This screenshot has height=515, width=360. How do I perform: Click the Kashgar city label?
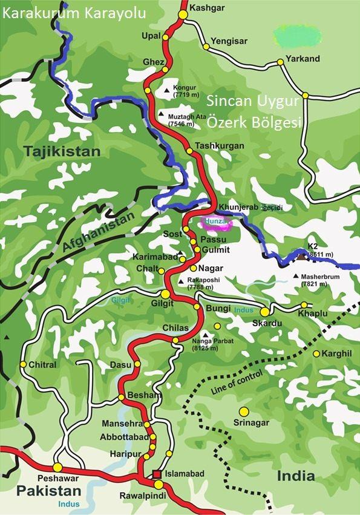pos(203,8)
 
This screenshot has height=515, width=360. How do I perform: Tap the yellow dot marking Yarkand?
pos(280,62)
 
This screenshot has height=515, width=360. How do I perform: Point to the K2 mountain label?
pos(313,246)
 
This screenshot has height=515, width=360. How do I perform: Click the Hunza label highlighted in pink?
pos(216,222)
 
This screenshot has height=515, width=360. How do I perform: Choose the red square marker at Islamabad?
pos(157,474)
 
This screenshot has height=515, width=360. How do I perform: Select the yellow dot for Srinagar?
pos(244,412)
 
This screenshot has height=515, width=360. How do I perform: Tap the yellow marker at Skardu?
pos(265,312)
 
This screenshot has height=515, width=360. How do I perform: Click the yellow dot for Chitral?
pos(23,364)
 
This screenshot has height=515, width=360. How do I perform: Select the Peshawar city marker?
pos(57,467)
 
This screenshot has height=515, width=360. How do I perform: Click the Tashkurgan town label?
pos(220,146)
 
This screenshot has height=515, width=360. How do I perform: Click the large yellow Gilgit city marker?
pos(165,294)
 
